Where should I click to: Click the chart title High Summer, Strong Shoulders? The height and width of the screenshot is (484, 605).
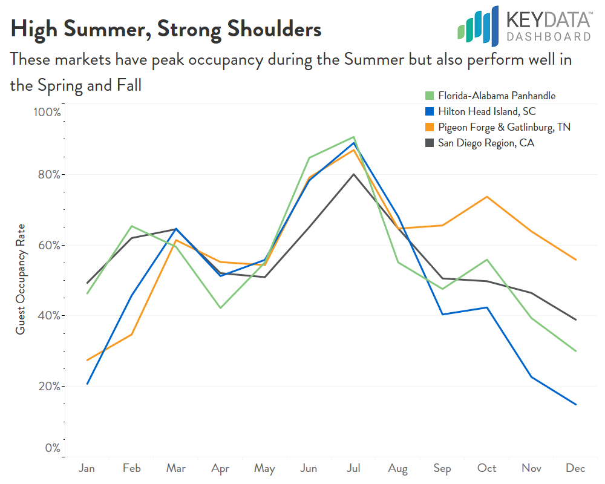point(166,29)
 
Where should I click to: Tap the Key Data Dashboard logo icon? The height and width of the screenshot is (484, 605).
point(478,25)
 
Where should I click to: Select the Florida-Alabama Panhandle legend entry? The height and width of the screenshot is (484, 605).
point(489,96)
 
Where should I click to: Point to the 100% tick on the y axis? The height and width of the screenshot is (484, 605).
point(47,113)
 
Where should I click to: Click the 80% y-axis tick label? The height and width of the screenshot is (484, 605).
point(48,175)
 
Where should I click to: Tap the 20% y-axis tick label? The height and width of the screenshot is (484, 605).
point(48,386)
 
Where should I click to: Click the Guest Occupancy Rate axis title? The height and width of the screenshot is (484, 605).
point(21,280)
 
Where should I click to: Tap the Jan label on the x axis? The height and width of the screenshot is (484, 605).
point(87,468)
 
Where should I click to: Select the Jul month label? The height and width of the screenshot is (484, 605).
point(353,468)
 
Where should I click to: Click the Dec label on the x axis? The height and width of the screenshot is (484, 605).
point(575,468)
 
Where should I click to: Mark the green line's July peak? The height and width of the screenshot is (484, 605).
point(353,137)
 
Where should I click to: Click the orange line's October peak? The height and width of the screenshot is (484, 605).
point(486,197)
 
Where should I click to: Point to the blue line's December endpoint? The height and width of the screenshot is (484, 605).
point(575,404)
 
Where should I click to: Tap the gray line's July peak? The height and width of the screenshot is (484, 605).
point(353,174)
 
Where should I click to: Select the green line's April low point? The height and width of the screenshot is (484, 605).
point(220,308)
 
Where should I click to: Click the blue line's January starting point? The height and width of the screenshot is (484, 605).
point(87,384)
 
